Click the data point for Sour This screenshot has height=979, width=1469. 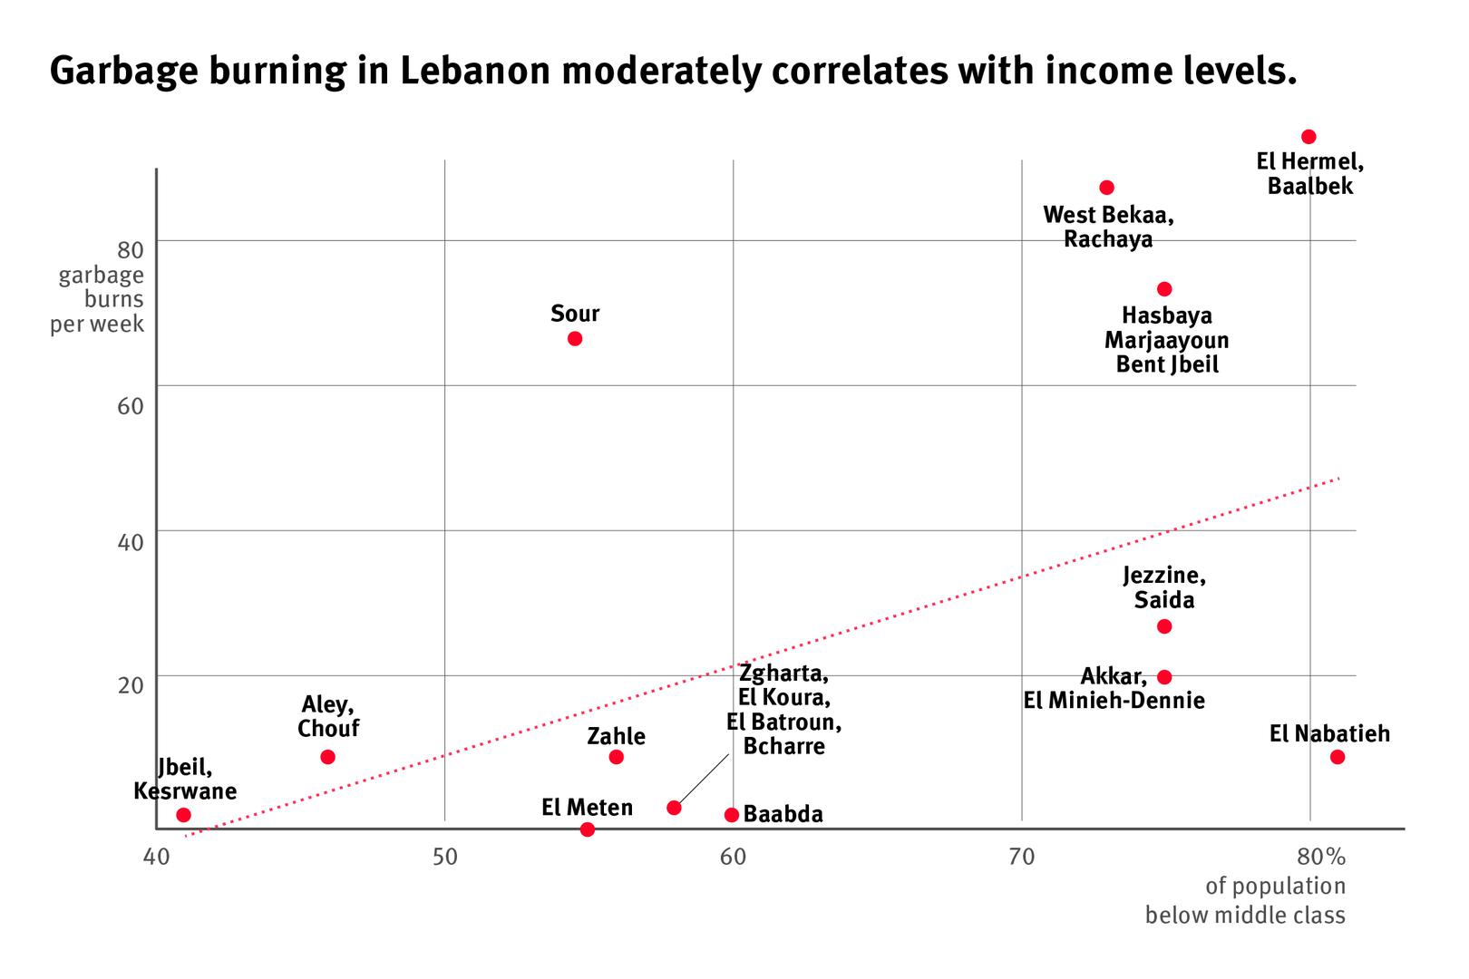tap(574, 339)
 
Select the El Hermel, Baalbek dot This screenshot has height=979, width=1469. tap(1308, 137)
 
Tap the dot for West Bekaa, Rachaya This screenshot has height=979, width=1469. tap(1106, 188)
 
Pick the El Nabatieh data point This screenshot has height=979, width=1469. tap(1337, 757)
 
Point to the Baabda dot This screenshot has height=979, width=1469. tap(732, 815)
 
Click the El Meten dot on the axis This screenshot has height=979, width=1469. tap(587, 829)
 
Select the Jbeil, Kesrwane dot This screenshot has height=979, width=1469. tap(183, 815)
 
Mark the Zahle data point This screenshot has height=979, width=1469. tap(616, 757)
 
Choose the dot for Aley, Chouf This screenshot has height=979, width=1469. tap(327, 757)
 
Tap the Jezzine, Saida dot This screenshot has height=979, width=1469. tap(1164, 626)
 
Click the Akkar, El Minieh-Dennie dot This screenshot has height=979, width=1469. tap(1164, 677)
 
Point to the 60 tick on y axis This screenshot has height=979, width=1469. tap(131, 405)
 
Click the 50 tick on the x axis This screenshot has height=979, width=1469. tap(444, 857)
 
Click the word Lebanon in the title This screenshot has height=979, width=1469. tap(474, 71)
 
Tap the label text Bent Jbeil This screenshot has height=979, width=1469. tap(1167, 364)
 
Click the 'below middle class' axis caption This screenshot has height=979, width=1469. tap(1245, 915)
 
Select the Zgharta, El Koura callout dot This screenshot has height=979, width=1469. tap(674, 808)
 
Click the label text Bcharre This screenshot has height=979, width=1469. tap(783, 746)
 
